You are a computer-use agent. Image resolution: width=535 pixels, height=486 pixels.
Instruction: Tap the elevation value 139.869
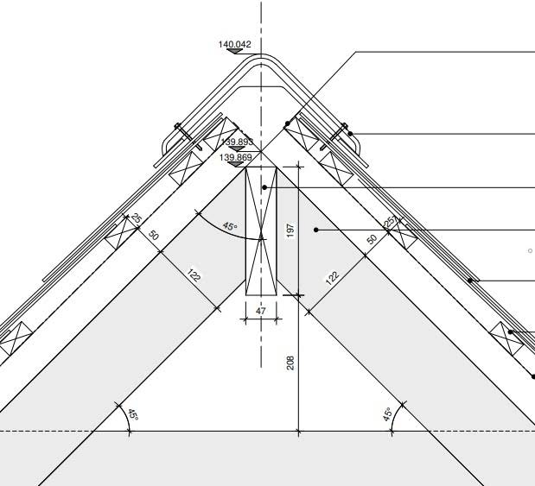point(235,157)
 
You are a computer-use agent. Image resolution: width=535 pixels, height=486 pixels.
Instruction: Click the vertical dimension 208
point(290,363)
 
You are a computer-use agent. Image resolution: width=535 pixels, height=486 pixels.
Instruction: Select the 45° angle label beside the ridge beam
point(229,227)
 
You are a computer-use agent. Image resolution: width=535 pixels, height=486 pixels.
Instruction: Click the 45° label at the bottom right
point(388,414)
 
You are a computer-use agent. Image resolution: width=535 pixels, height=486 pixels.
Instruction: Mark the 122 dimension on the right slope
point(332,278)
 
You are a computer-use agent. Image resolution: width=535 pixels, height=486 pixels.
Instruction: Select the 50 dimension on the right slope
point(372,238)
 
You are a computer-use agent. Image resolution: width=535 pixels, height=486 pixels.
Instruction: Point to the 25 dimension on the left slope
point(137,219)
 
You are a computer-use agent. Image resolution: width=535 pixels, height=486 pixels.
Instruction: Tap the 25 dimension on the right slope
point(389,221)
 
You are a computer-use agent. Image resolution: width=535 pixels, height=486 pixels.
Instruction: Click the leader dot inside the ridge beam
point(265,186)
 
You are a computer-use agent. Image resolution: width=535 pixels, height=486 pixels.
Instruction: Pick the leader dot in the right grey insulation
point(317,230)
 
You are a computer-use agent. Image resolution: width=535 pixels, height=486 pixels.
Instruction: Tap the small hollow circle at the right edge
point(530,250)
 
